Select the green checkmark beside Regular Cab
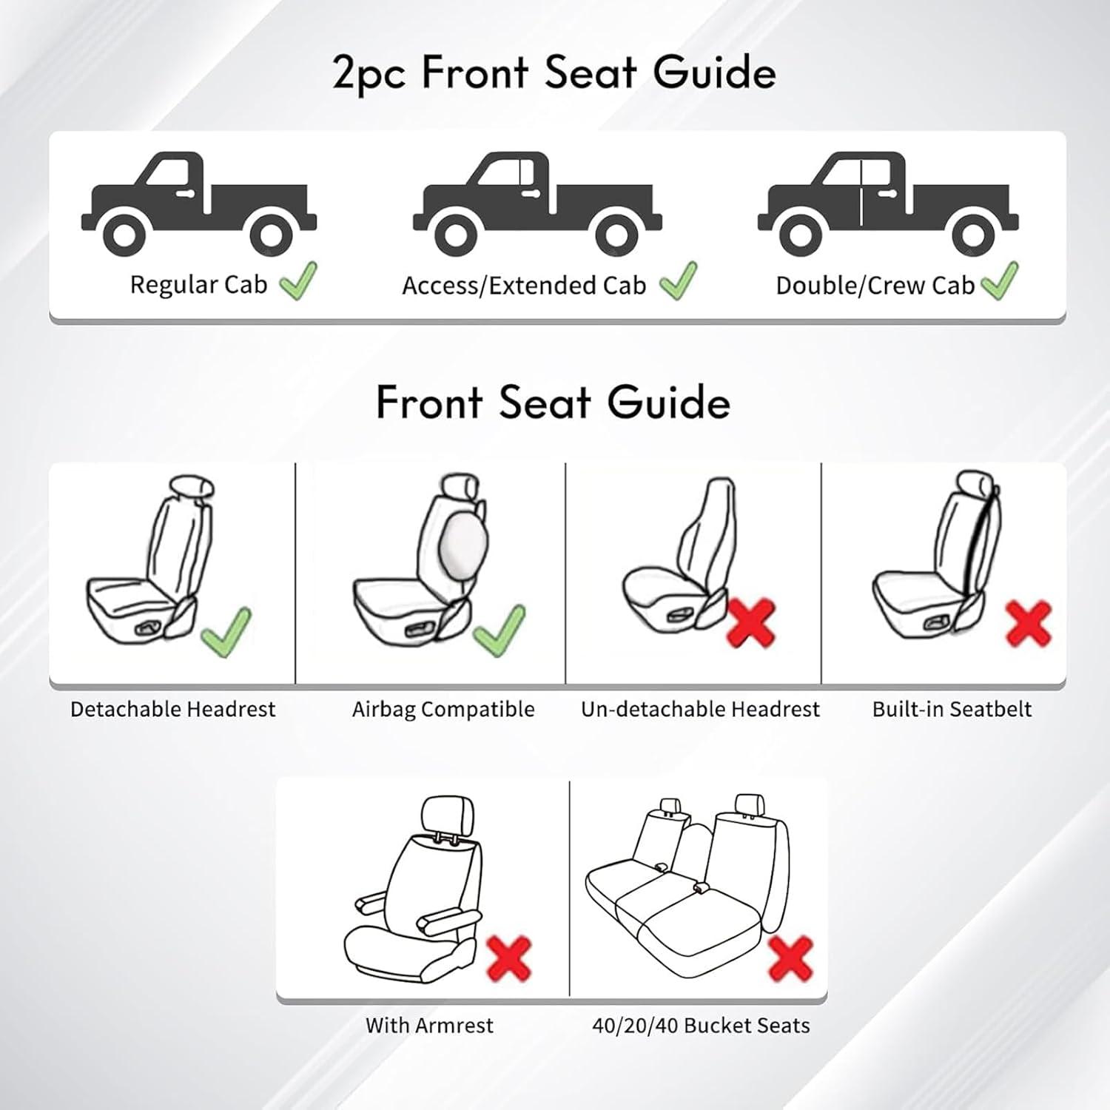pyautogui.click(x=298, y=281)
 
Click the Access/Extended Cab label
pyautogui.click(x=524, y=286)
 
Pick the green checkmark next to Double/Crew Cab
pyautogui.click(x=999, y=281)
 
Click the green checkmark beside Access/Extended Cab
pyautogui.click(x=678, y=281)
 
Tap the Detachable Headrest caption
pyautogui.click(x=172, y=709)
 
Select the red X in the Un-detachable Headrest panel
pyautogui.click(x=752, y=622)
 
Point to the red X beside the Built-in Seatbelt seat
pyautogui.click(x=1029, y=622)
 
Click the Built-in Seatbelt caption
pyautogui.click(x=952, y=709)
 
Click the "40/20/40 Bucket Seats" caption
pyautogui.click(x=701, y=1026)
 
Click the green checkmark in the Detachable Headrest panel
pyautogui.click(x=226, y=631)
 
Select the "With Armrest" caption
pyautogui.click(x=429, y=1026)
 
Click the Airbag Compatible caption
pyautogui.click(x=443, y=709)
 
